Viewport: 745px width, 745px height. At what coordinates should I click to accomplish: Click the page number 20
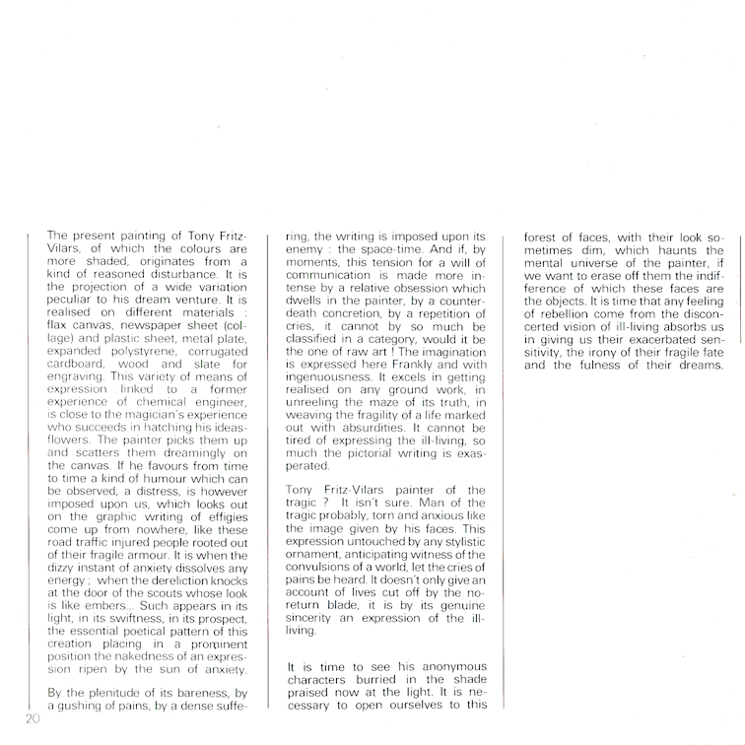pos(28,718)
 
